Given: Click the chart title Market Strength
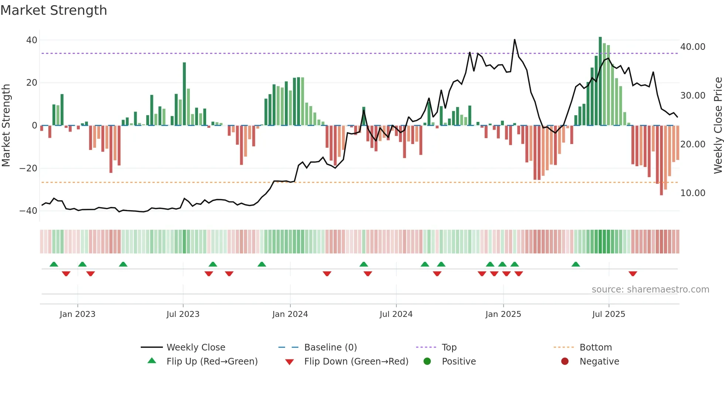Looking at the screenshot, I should [x=54, y=10].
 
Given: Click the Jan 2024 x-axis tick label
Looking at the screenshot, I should [x=290, y=314].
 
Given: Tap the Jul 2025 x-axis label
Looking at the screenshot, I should [x=608, y=314].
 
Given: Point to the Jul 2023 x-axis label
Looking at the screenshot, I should [x=183, y=314].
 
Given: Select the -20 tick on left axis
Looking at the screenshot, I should [x=28, y=168].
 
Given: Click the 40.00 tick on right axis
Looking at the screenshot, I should [x=693, y=47].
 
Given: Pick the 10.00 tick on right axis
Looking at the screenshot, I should [x=693, y=193].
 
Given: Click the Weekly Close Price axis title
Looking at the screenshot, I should [x=718, y=126].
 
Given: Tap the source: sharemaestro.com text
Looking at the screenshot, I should [x=650, y=290].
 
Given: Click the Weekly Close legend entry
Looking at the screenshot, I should [x=196, y=348].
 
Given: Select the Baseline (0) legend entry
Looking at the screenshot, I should [x=330, y=348].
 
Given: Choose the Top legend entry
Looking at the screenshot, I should [x=449, y=348].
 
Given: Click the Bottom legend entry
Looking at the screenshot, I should [x=595, y=348].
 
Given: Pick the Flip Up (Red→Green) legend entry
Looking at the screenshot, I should [x=212, y=362].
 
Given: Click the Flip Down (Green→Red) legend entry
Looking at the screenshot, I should [x=356, y=362].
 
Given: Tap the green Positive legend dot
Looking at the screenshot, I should [x=427, y=361].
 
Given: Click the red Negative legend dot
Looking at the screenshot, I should [x=565, y=361].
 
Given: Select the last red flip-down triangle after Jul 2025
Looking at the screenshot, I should [x=633, y=274].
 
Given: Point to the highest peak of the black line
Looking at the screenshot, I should [x=515, y=40].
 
